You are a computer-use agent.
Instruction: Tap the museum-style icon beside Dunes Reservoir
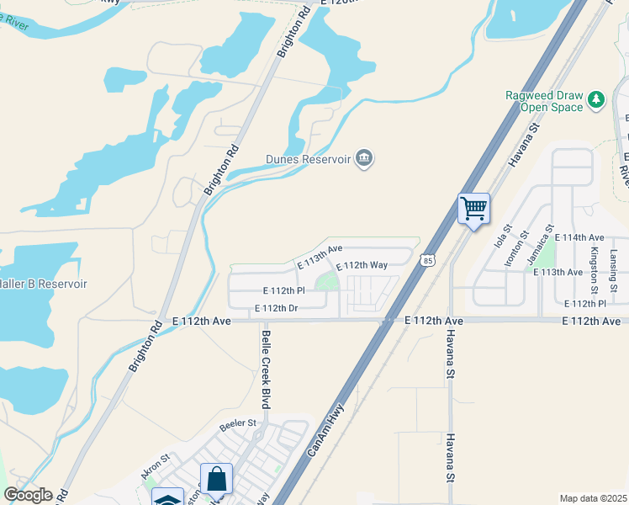364,157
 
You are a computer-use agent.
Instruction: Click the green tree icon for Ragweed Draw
597,100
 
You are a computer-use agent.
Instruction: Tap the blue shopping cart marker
474,208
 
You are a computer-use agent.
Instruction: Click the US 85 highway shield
429,262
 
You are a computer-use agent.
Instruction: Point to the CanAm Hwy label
326,428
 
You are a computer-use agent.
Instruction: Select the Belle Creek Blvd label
266,369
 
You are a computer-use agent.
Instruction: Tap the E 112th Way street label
362,266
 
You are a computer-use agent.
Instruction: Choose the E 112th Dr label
277,308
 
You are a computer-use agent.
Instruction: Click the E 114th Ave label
579,238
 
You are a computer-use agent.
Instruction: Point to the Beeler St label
238,423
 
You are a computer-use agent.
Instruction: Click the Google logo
28,495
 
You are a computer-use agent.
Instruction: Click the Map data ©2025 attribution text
593,498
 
